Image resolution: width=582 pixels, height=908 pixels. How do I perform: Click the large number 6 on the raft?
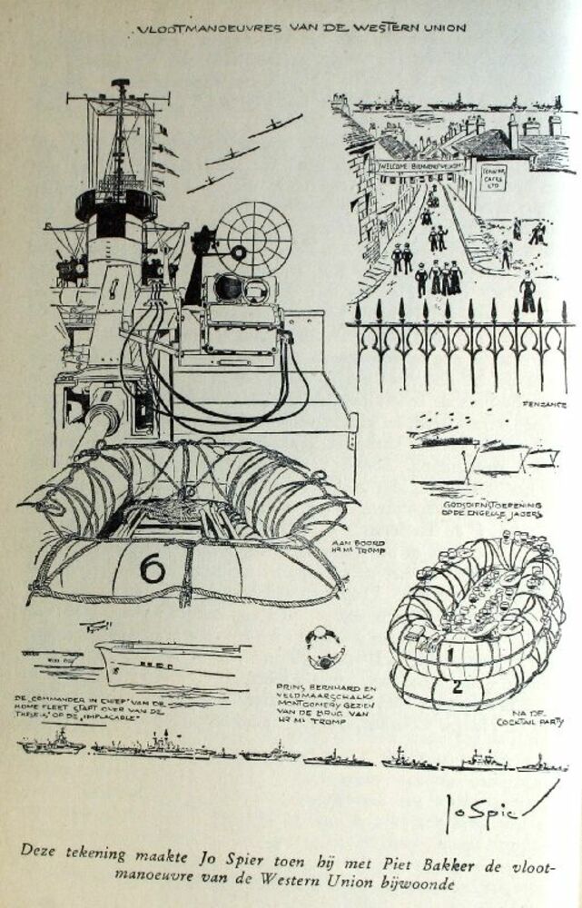tap(152, 568)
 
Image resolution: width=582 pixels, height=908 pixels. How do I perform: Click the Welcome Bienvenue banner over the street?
tap(419, 166)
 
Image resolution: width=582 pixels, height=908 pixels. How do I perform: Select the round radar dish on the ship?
tap(259, 238)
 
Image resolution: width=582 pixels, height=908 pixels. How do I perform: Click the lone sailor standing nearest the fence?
tap(527, 292)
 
